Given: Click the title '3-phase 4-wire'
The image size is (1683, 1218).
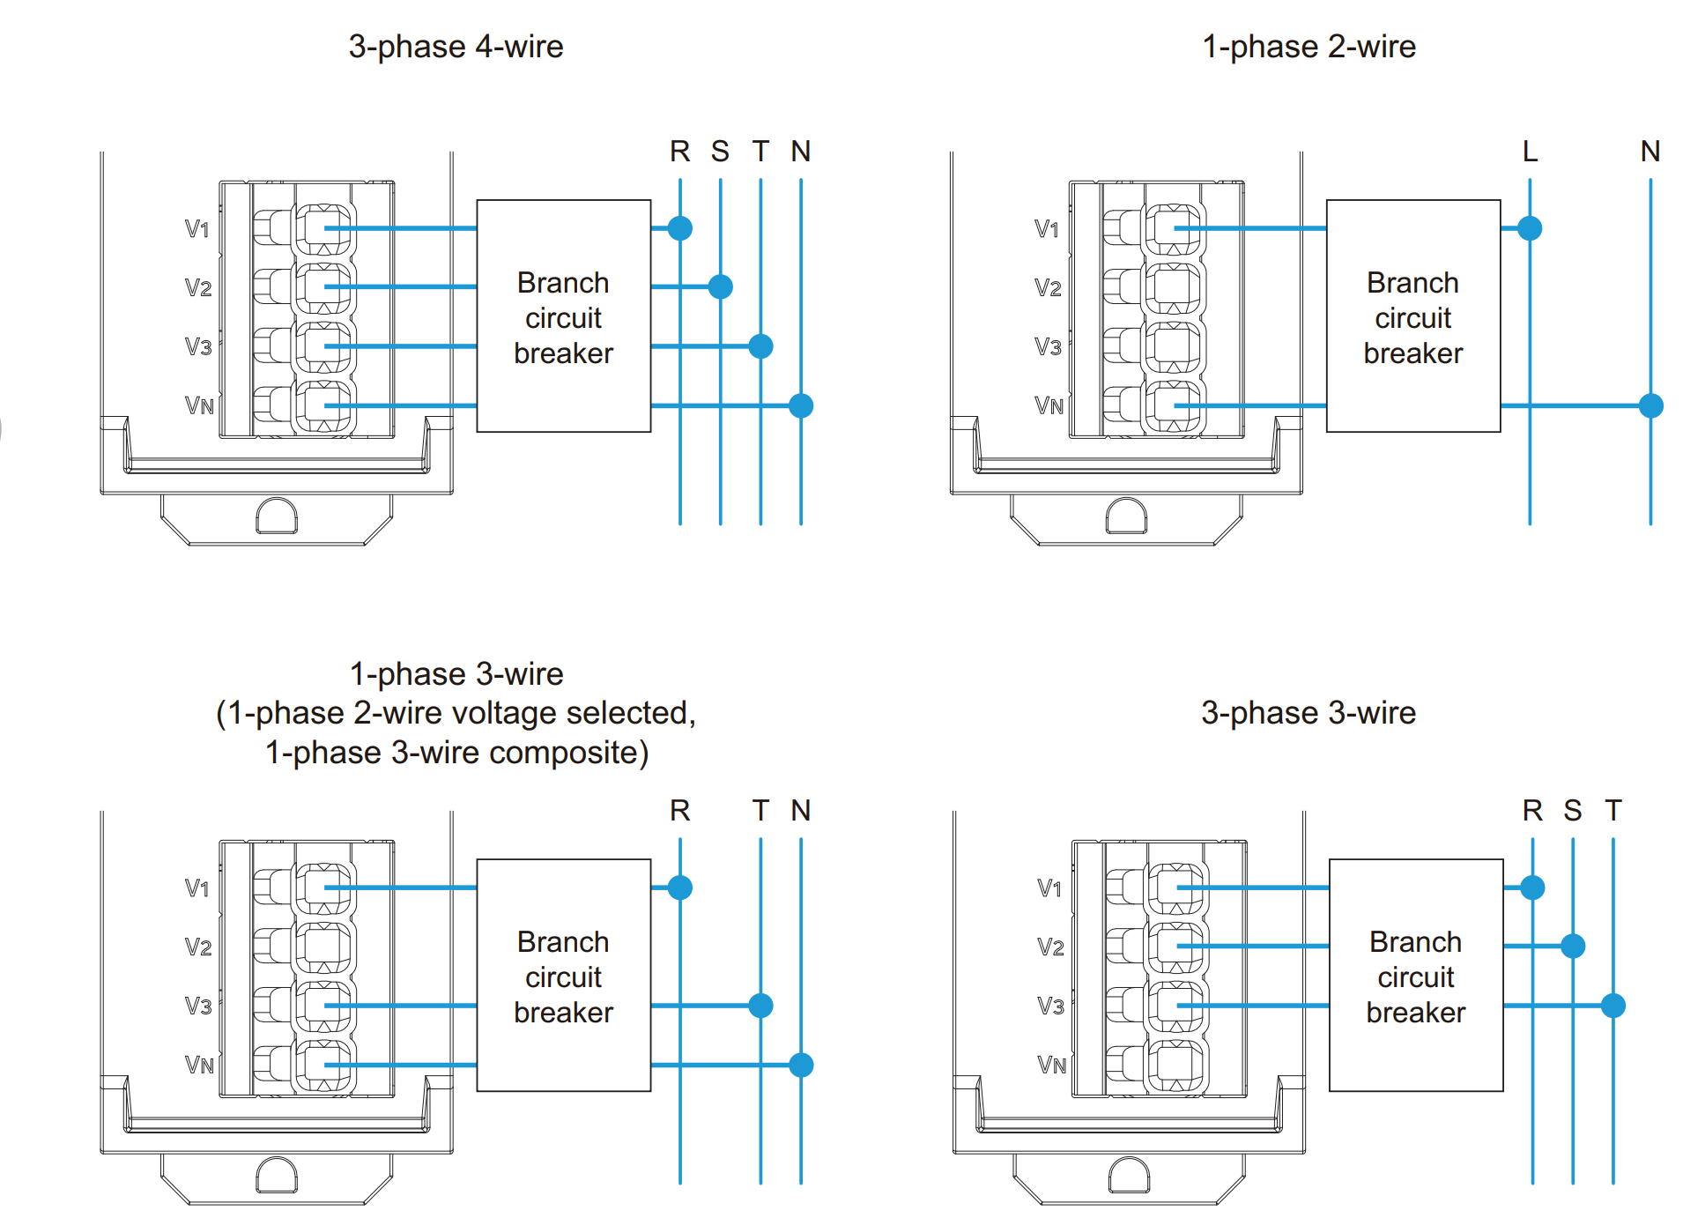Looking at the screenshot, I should (456, 47).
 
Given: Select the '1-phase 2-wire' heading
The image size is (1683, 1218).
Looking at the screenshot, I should (1309, 47).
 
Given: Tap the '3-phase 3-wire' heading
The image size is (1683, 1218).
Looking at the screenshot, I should (1308, 712).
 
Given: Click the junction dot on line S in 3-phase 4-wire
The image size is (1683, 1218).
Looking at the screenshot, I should (720, 286).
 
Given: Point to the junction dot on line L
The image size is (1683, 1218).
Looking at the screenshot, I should (1530, 228).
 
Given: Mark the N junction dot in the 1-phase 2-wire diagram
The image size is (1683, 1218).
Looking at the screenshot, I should (1650, 405).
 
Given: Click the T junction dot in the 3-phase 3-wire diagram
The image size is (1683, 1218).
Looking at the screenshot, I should (1613, 1006).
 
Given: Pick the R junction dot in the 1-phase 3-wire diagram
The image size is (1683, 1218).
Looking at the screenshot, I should (679, 888).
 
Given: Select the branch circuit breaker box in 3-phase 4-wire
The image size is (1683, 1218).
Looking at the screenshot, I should (563, 316).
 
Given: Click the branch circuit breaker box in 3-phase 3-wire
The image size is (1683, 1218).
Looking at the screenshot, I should (1415, 976).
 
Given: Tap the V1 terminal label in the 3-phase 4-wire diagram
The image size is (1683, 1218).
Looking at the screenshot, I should (197, 229).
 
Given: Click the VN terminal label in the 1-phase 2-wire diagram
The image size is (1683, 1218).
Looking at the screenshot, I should (1049, 405).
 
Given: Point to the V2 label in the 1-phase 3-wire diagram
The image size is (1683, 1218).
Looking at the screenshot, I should (198, 947).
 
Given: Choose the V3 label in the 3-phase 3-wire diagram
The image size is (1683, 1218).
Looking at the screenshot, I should (1050, 1006).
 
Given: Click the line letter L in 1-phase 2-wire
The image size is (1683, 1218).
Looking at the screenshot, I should (1530, 152).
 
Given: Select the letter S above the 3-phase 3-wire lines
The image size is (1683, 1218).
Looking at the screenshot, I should (1572, 811).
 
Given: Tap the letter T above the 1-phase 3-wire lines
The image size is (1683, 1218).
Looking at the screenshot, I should (760, 811).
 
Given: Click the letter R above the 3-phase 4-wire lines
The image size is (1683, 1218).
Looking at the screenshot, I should (679, 152).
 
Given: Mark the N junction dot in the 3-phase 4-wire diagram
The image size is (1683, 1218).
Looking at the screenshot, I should (800, 405).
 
